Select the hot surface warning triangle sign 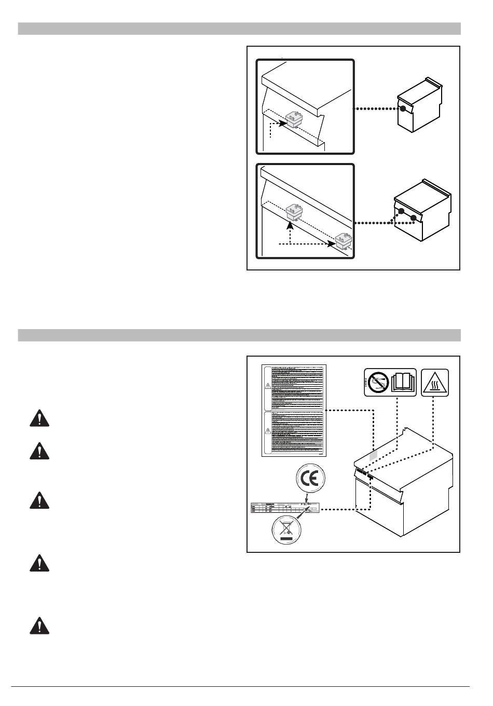(435, 382)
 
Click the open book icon (404, 382)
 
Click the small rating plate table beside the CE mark (284, 508)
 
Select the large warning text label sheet (293, 410)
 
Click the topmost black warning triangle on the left (39, 418)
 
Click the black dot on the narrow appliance (403, 108)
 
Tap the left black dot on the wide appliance (401, 211)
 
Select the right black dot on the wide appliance (414, 218)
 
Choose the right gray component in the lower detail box (344, 239)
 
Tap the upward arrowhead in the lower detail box (290, 223)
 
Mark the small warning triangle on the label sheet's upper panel (268, 385)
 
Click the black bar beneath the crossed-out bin (286, 540)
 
